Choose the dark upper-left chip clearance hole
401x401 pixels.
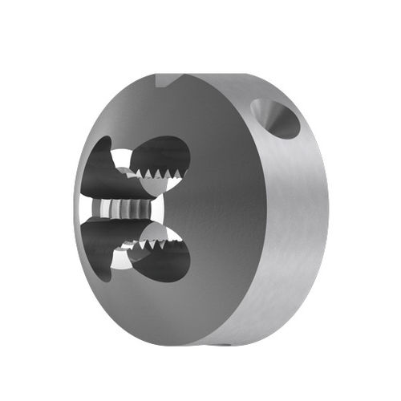98,168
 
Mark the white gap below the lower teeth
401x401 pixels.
120,258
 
